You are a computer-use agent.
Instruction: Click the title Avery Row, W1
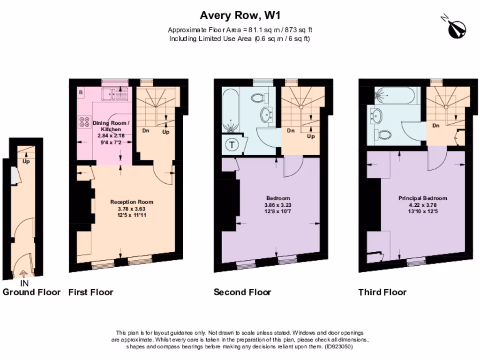tap(240, 16)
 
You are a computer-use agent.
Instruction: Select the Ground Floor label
tap(31, 292)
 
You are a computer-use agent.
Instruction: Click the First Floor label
tap(90, 292)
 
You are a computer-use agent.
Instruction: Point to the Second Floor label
tap(242, 292)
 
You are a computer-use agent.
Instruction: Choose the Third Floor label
tap(382, 292)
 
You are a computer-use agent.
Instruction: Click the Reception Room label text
tap(132, 202)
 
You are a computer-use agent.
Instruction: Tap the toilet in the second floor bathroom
tap(258, 98)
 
